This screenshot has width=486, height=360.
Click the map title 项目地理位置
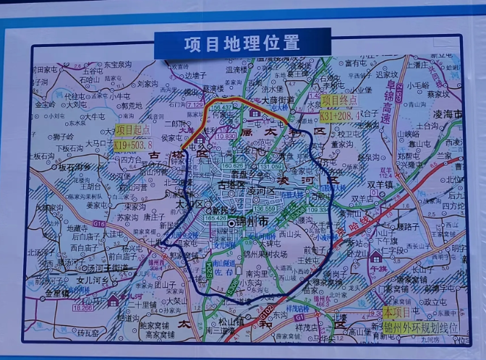pos(242,43)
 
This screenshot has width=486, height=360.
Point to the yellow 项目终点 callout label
pos(338,100)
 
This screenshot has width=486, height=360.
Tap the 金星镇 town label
pos(57,293)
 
